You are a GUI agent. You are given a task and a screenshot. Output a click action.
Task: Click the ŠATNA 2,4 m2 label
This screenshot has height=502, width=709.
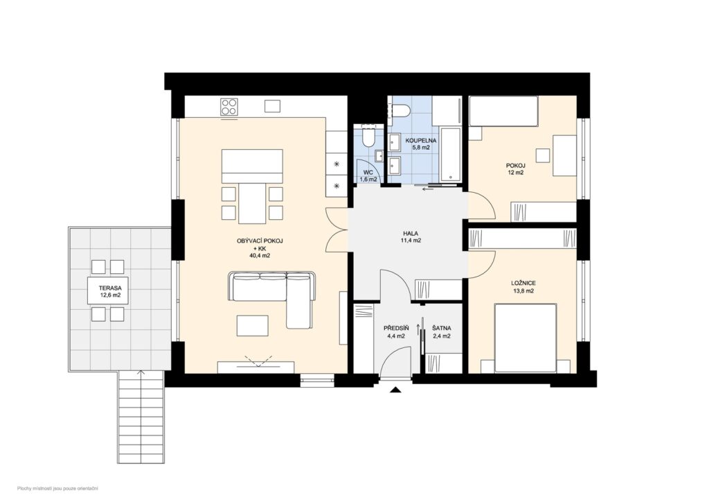(x=441, y=331)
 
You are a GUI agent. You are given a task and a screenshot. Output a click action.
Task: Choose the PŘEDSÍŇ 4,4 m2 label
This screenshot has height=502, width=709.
(x=397, y=331)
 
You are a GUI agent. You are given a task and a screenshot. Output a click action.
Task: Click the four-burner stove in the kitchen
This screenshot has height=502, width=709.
(x=229, y=107)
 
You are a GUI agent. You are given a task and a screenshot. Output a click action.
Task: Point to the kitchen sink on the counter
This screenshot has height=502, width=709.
(x=273, y=106)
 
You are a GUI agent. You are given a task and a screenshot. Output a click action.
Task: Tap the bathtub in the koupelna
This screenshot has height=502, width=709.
(x=451, y=156)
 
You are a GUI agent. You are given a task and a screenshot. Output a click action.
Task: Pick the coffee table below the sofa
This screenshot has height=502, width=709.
(x=253, y=324)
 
